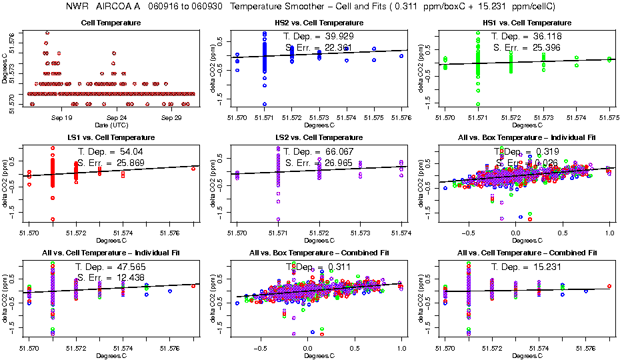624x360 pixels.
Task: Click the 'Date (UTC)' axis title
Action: (108, 125)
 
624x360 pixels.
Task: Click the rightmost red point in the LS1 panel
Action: (193, 169)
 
